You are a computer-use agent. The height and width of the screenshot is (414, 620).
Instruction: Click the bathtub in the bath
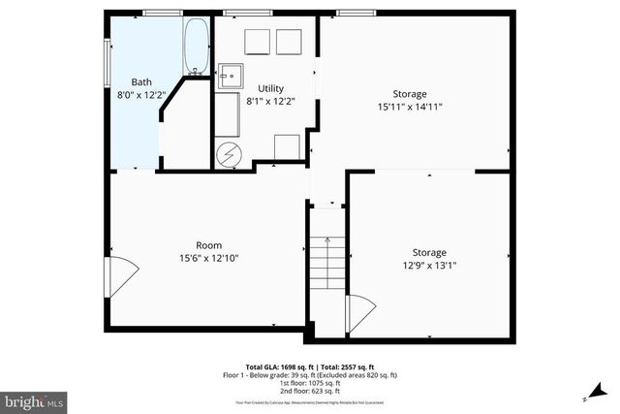coord(196,48)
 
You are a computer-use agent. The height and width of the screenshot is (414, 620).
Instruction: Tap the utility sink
coord(231,77)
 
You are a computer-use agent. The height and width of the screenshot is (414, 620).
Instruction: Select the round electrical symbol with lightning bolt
coord(231,154)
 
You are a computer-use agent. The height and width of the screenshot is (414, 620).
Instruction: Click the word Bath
coord(141,82)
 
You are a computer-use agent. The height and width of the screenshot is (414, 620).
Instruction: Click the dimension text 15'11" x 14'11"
coord(410,107)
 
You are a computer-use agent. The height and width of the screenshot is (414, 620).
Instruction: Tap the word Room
coord(208,245)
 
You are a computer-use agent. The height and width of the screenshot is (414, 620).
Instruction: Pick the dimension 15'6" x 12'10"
coord(208,259)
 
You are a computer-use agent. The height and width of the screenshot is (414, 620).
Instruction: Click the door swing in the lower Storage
coord(360,313)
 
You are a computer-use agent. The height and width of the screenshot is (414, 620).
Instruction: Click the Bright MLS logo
coord(34,399)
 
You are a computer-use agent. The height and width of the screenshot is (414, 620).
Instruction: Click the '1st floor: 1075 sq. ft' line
coord(320,382)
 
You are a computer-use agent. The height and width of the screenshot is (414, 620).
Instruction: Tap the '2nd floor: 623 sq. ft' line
coord(320,390)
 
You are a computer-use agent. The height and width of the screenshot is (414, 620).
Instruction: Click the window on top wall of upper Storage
coord(356,13)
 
